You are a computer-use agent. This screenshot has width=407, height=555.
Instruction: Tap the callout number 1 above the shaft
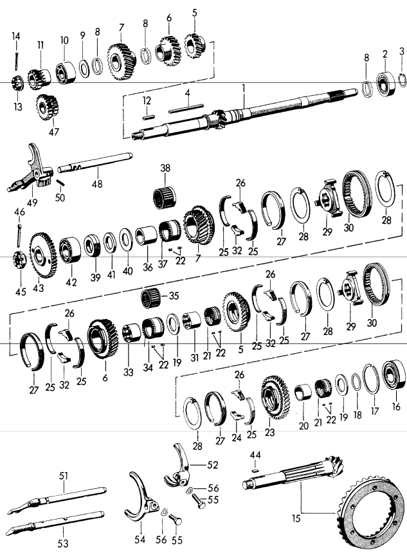[244, 86]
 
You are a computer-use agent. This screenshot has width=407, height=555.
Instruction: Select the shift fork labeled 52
[181, 464]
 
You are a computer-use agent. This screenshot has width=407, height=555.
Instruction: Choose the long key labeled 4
[186, 110]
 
